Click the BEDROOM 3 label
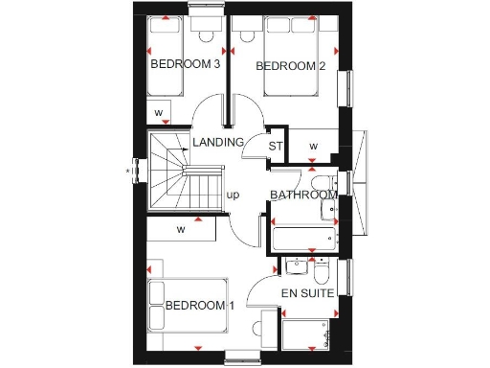tap(186, 65)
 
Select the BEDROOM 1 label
tap(200, 306)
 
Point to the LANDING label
tap(218, 143)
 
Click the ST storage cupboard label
tap(277, 147)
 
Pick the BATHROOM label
tap(303, 195)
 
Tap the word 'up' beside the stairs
tap(233, 195)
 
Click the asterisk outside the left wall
tap(128, 172)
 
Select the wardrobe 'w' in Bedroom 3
tap(159, 113)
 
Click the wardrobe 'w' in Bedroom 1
tap(180, 230)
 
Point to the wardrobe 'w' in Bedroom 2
tap(313, 147)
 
